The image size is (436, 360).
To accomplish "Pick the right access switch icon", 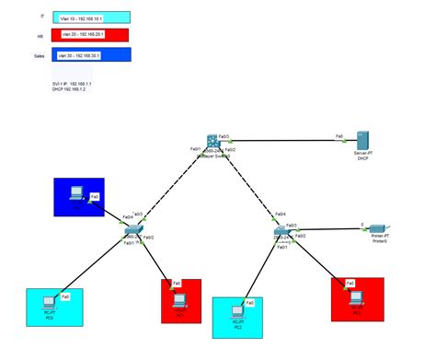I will pos(281,231).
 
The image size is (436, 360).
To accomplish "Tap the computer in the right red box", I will pos(355,295).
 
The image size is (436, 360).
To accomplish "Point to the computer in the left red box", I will pos(180,298).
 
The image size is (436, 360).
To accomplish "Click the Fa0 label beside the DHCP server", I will pos(340,135).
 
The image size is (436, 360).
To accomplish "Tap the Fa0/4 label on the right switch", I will pos(270,214).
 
